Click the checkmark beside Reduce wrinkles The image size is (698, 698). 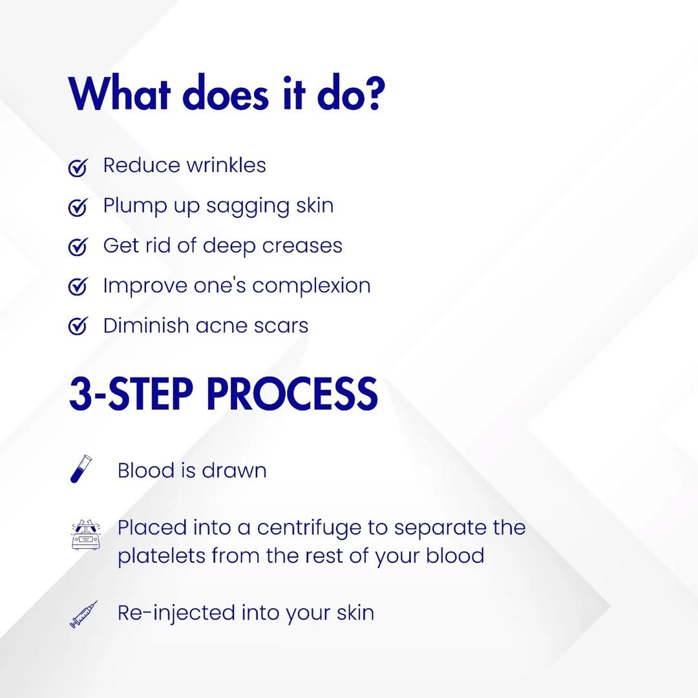pyautogui.click(x=78, y=167)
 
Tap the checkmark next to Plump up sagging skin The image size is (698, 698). pyautogui.click(x=78, y=207)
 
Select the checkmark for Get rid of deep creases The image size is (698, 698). pyautogui.click(x=78, y=247)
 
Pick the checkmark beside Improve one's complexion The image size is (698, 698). pyautogui.click(x=78, y=286)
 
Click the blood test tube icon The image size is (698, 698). pyautogui.click(x=81, y=469)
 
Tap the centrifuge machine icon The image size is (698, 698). pyautogui.click(x=86, y=534)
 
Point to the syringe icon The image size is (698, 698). pyautogui.click(x=83, y=615)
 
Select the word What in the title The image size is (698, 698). pyautogui.click(x=120, y=94)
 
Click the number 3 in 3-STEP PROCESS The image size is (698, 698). pyautogui.click(x=81, y=394)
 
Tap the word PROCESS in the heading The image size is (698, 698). pyautogui.click(x=293, y=394)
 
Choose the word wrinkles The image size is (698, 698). pyautogui.click(x=226, y=165)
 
